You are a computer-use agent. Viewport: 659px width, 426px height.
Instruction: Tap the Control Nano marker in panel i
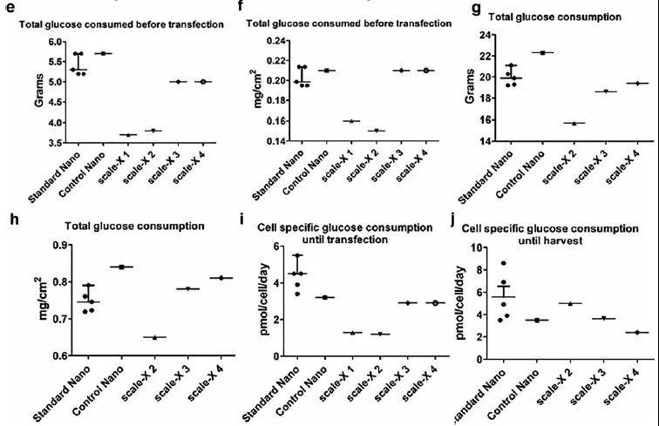pyautogui.click(x=323, y=297)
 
